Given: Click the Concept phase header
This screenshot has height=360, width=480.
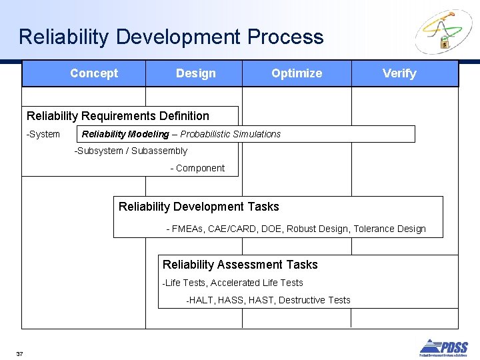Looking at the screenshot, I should (94, 73).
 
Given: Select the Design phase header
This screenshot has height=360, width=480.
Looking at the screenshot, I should (195, 73).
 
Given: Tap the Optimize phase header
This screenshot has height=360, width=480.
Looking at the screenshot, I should (297, 73).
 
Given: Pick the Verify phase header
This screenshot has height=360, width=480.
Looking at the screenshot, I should (399, 73).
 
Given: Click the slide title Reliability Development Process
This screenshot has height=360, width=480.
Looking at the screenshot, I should (171, 37).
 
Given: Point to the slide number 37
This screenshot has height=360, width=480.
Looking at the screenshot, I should (19, 353).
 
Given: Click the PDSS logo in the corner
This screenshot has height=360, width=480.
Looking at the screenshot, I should (443, 348).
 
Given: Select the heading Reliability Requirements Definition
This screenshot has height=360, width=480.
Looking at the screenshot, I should (118, 116).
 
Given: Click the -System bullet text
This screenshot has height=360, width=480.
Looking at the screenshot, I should (43, 134).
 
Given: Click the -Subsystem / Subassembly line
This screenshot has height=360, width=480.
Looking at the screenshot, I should (131, 151).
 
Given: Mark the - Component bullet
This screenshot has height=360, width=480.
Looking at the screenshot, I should (197, 168).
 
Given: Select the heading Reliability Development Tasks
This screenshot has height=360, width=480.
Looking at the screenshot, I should (199, 207).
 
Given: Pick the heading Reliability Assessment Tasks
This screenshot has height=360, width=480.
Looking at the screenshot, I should (240, 265).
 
